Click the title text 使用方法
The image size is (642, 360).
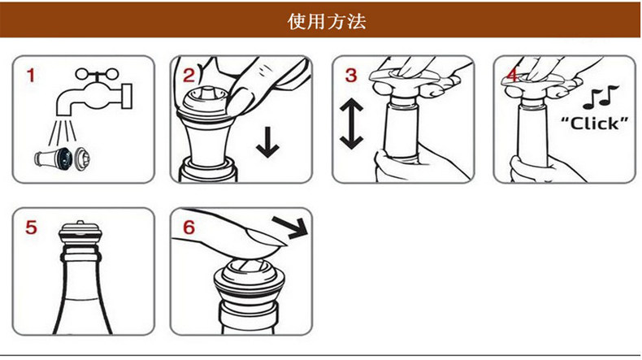327,21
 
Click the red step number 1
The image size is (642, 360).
31,76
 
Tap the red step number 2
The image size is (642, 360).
189,76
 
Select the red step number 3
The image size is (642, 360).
351,76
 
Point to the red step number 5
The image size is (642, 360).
31,228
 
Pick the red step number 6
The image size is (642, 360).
189,228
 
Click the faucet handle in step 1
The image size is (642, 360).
97,74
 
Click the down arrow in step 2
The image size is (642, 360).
268,142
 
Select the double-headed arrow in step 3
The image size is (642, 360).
351,124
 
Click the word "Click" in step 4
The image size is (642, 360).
594,124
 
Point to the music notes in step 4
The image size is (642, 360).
601,98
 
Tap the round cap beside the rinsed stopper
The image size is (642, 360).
81,158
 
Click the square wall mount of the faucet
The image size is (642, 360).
127,97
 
